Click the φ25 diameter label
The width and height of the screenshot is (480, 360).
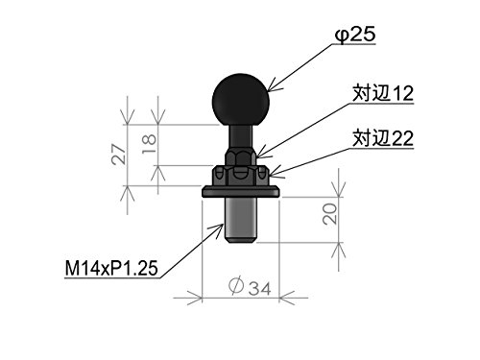(355, 35)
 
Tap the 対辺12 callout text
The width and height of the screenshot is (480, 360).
(383, 93)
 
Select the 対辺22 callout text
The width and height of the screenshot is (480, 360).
(383, 138)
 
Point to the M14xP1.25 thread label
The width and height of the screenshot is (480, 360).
(111, 268)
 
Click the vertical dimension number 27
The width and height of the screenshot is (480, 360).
(119, 155)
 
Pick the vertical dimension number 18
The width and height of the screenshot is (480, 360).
(149, 144)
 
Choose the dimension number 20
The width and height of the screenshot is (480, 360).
(330, 214)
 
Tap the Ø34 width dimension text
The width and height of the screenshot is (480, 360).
(251, 286)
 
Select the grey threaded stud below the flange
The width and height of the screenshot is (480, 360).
(241, 220)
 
